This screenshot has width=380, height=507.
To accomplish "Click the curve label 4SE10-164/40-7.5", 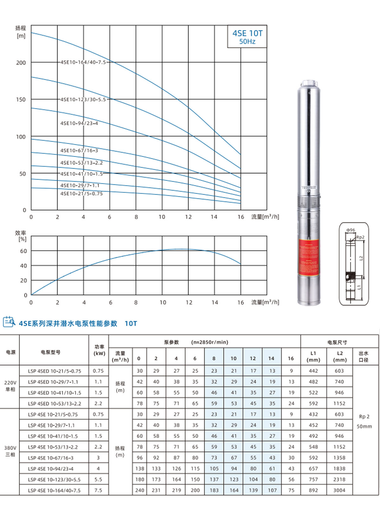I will click(x=83, y=62).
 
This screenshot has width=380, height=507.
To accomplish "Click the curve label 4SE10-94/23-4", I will click(x=79, y=123).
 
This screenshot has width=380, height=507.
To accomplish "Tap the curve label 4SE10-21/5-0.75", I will click(x=81, y=194).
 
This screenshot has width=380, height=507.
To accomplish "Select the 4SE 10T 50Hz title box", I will click(x=247, y=37).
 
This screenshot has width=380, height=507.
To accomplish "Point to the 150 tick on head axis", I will click(x=21, y=99).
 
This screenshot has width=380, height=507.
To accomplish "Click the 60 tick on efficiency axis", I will click(x=23, y=251).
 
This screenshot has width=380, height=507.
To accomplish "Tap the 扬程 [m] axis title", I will click(x=21, y=32).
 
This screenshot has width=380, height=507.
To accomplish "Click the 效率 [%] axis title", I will click(x=21, y=236).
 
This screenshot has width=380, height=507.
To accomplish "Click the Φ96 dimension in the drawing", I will click(x=351, y=230).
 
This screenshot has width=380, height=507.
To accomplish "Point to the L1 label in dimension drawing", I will click(x=359, y=287).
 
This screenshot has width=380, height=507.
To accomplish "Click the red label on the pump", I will click(x=309, y=257).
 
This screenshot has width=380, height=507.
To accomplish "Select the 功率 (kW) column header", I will click(x=99, y=350).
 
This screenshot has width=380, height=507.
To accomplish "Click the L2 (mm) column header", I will click(x=339, y=356).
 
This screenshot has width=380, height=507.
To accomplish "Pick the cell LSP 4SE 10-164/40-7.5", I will click(x=54, y=490).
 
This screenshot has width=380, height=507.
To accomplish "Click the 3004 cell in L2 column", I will click(x=339, y=490).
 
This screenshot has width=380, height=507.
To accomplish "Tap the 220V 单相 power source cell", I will click(x=10, y=386).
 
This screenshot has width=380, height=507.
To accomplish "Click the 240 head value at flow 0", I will click(x=140, y=490).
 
